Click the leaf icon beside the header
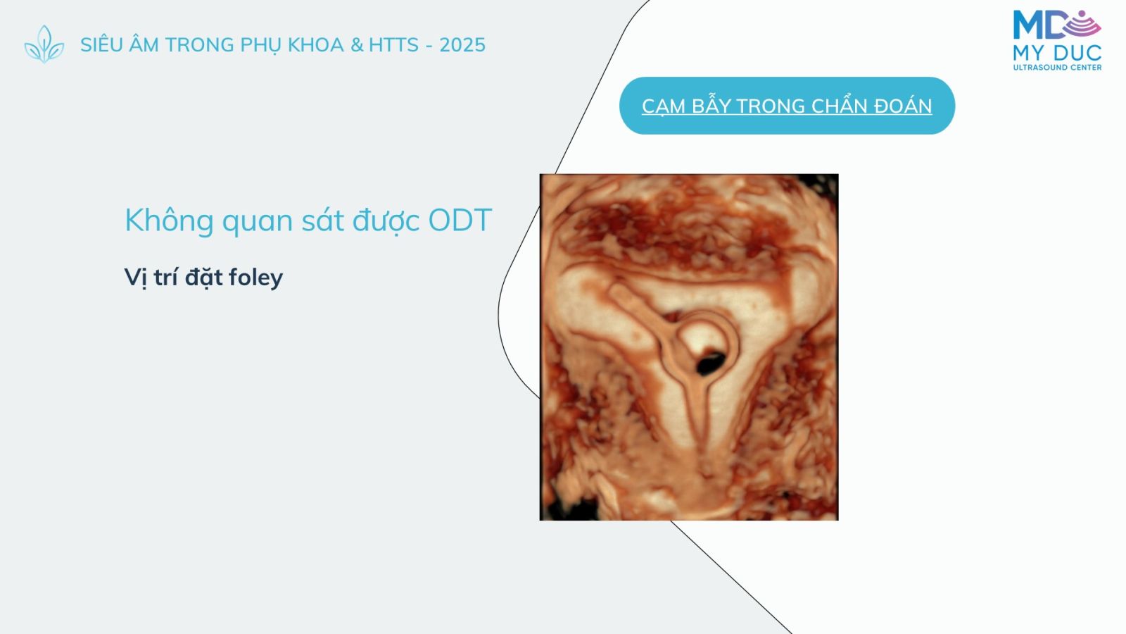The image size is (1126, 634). (x=44, y=44)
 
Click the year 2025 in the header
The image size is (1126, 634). (x=462, y=45)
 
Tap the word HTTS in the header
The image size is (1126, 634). (x=393, y=45)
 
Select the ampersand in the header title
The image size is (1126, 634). (x=357, y=45)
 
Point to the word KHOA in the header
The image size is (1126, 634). (x=316, y=45)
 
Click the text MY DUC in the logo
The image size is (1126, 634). (x=1057, y=53)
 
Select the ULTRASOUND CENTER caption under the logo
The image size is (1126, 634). (x=1057, y=68)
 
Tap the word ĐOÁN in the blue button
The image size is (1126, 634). (x=903, y=106)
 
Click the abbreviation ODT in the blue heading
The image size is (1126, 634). (x=460, y=220)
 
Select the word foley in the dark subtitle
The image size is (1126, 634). (x=255, y=278)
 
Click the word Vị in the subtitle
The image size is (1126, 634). (x=136, y=278)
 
